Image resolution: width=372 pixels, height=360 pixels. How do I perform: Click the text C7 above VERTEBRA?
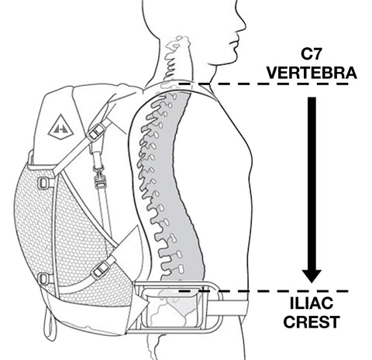pos(311,53)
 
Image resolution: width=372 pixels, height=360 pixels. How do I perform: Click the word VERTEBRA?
pos(312,73)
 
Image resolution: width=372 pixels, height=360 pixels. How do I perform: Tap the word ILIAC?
pos(312,303)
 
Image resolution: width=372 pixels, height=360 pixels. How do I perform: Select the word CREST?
pos(312,322)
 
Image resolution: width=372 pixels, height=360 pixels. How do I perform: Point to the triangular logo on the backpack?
pos(61,127)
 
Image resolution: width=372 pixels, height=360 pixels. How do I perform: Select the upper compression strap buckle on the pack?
pos(96,132)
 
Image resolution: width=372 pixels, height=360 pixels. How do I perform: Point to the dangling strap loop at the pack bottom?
pos(50,323)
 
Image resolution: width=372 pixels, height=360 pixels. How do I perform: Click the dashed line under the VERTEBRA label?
pos(263,84)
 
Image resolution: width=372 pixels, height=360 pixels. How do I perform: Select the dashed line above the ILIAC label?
pos(263,291)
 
